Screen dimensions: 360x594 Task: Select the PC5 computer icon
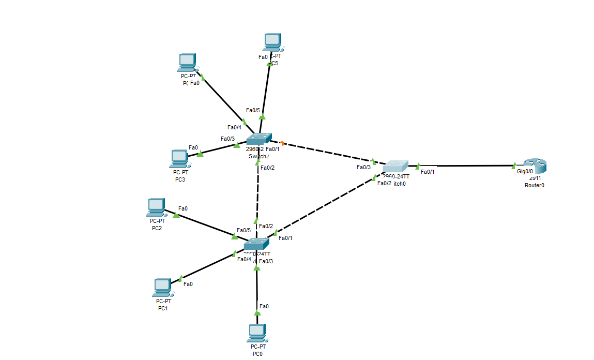pyautogui.click(x=272, y=42)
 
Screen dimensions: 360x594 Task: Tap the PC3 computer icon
pyautogui.click(x=179, y=158)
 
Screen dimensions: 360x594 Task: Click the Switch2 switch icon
pyautogui.click(x=258, y=139)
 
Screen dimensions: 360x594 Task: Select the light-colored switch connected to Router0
pyautogui.click(x=395, y=167)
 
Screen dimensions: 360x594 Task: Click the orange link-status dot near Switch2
pyautogui.click(x=282, y=143)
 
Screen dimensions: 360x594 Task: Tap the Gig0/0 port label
pyautogui.click(x=524, y=171)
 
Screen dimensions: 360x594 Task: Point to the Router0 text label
pyautogui.click(x=535, y=185)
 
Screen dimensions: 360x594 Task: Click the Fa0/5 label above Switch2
pyautogui.click(x=253, y=110)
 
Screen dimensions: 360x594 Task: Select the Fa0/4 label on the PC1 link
pyautogui.click(x=244, y=259)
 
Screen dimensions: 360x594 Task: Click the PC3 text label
pyautogui.click(x=180, y=179)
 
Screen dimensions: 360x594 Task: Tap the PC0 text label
pyautogui.click(x=257, y=354)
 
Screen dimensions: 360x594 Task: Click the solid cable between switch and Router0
pyautogui.click(x=465, y=166)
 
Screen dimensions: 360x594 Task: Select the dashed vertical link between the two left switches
pyautogui.click(x=257, y=191)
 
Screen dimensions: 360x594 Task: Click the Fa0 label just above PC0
pyautogui.click(x=264, y=306)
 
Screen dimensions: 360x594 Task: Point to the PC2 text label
pyautogui.click(x=157, y=228)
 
